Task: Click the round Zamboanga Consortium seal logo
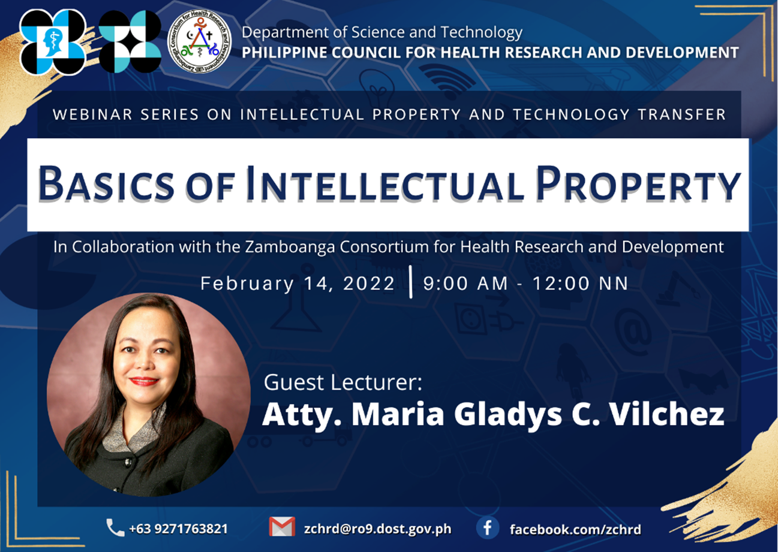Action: pos(199,41)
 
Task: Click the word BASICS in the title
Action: pos(106,184)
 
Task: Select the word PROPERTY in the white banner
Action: pos(638,183)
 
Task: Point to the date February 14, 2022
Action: pos(298,283)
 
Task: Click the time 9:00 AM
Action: pos(465,283)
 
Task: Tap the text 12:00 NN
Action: pos(581,283)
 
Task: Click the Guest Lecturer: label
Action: pos(343,382)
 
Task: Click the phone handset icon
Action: pos(115,527)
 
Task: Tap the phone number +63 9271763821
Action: pos(178,529)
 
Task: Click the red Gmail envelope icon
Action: pos(282,526)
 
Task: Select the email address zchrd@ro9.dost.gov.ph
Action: pos(377,529)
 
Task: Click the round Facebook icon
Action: pos(487,527)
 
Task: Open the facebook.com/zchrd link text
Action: pos(575,529)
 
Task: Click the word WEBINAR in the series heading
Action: pos(93,114)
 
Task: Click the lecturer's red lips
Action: pos(144,381)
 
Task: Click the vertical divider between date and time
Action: pos(411,282)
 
